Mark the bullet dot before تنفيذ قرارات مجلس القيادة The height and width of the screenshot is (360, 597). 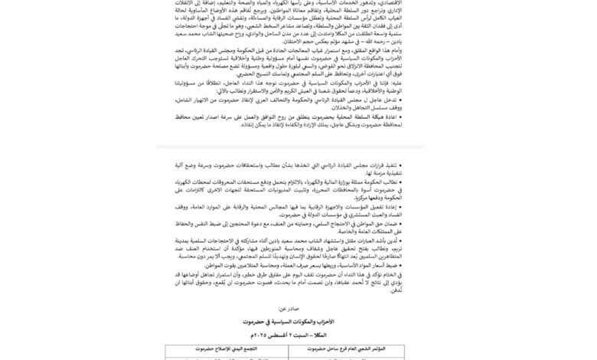pyautogui.click(x=425, y=164)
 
